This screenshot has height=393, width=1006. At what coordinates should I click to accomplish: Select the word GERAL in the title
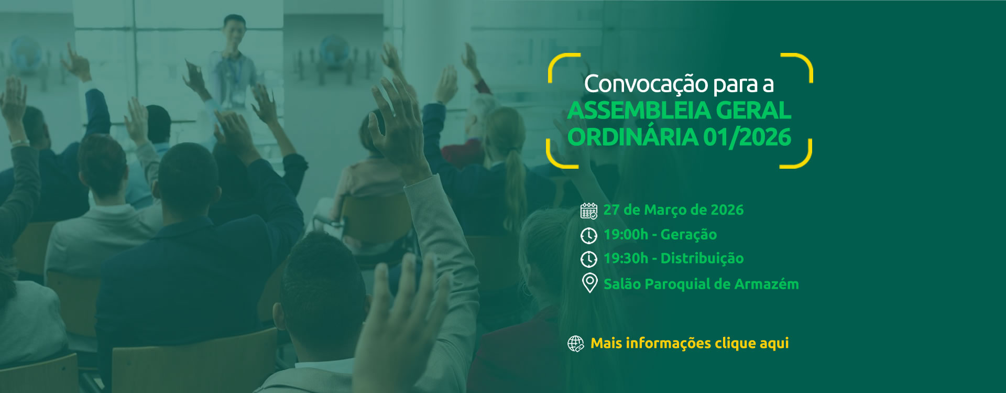[x=753, y=111]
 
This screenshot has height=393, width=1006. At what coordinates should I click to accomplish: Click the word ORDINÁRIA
[x=632, y=137]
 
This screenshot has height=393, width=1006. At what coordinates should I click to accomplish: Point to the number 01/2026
[x=747, y=137]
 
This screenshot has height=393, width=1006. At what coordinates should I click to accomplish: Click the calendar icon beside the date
[x=589, y=211]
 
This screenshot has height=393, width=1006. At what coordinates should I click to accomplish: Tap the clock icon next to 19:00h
[x=589, y=236]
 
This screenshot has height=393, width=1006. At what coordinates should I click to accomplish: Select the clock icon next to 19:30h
[x=589, y=259]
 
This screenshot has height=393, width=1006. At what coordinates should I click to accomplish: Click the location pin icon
[x=589, y=283]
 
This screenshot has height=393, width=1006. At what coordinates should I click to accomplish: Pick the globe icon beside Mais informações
[x=575, y=344]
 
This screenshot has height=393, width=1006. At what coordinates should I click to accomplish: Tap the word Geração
[x=688, y=235]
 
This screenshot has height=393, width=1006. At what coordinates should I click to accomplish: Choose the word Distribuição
[x=702, y=258]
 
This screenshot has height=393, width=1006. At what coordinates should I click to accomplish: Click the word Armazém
[x=767, y=284]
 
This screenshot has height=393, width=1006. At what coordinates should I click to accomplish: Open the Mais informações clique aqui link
[x=690, y=343]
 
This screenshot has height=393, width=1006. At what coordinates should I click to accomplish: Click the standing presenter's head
[x=234, y=29]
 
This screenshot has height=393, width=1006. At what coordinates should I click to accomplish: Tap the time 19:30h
[x=626, y=258]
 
